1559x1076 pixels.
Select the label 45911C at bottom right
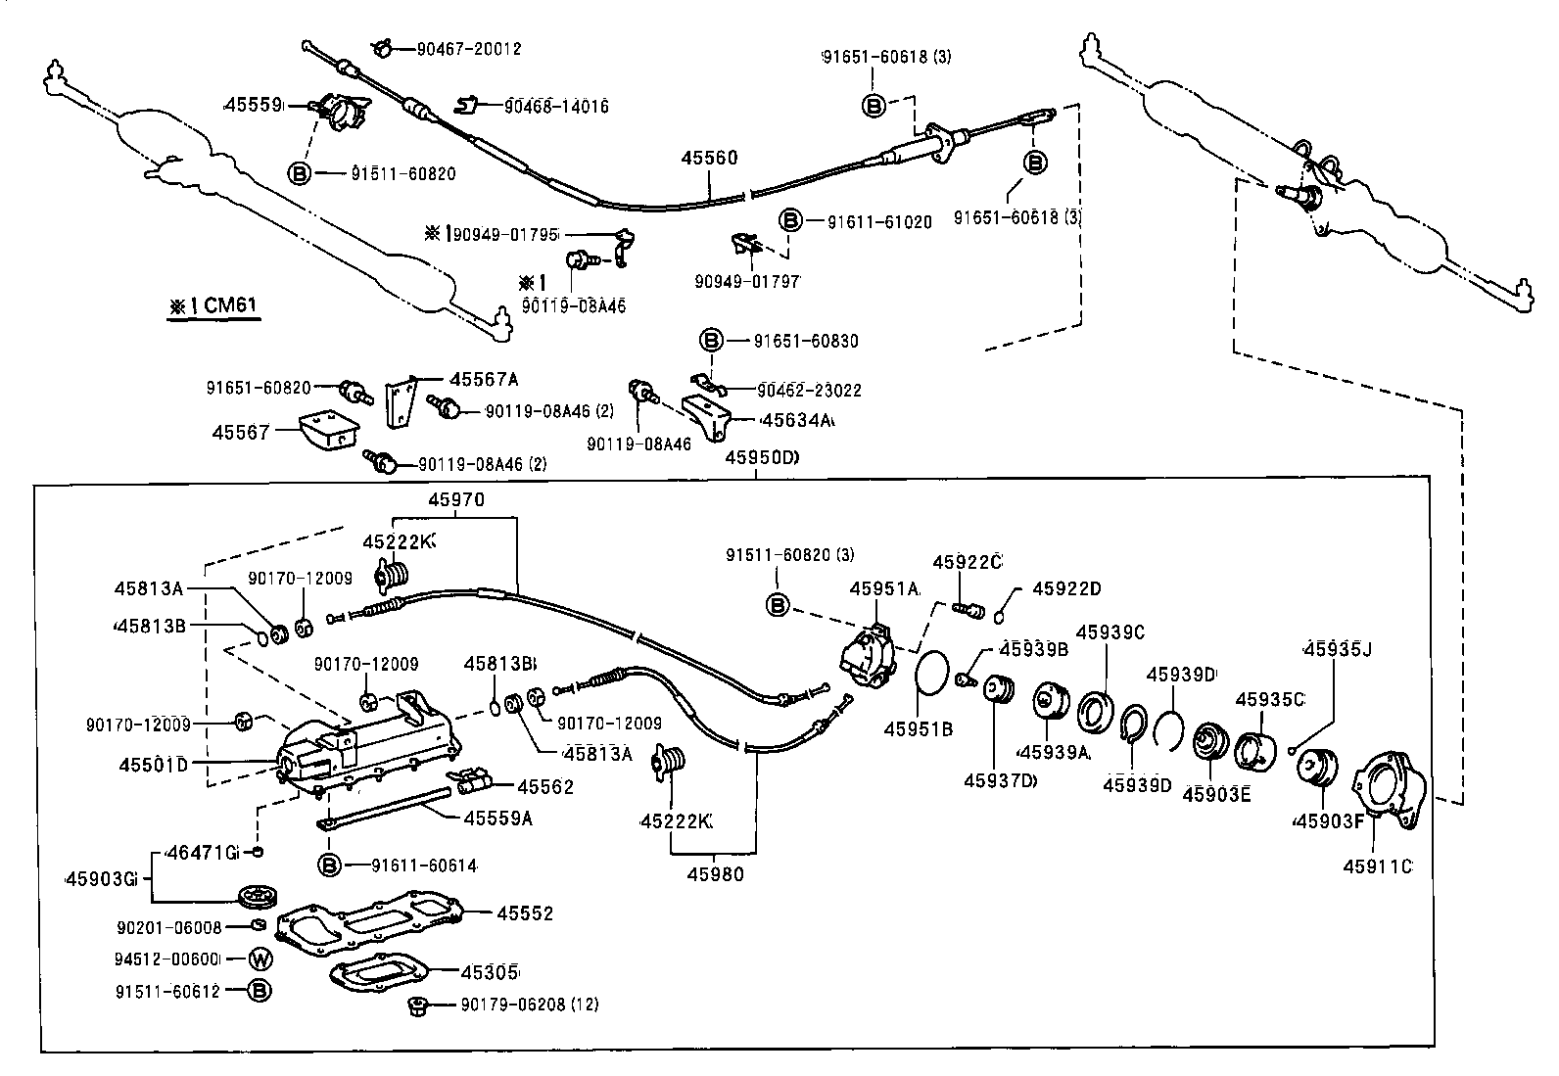[x=1377, y=866]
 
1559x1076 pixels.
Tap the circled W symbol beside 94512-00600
[x=259, y=959]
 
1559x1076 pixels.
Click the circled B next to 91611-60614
[x=330, y=865]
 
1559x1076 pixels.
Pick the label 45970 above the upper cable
[x=456, y=500]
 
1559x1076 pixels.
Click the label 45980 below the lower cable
[x=715, y=874]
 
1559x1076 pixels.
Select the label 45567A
[x=484, y=379]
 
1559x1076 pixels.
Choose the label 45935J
[x=1338, y=648]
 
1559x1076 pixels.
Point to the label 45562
[x=545, y=786]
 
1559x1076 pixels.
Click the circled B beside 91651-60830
[x=711, y=341]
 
